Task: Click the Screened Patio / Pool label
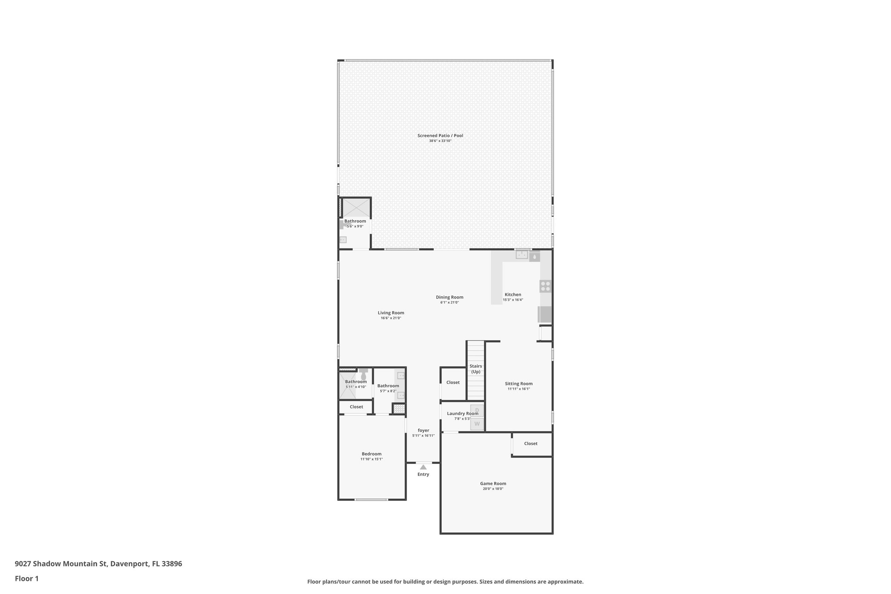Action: tap(440, 135)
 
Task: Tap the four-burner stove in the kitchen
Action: tap(545, 286)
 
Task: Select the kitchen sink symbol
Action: tap(522, 255)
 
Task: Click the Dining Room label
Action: tap(449, 297)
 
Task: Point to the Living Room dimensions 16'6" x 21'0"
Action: tap(391, 318)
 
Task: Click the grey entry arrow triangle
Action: tap(423, 467)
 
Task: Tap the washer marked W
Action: tap(477, 424)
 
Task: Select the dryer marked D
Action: tap(477, 410)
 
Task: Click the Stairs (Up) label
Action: tap(476, 369)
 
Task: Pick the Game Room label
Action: tap(493, 483)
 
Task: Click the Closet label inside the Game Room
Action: tap(530, 443)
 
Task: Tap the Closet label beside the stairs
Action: tap(453, 383)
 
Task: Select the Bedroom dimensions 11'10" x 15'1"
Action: tap(372, 459)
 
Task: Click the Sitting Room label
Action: tap(519, 384)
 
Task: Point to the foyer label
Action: tap(423, 430)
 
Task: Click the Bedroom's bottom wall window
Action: tap(371, 499)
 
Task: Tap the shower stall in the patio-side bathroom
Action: tap(356, 208)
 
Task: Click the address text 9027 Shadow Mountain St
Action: tap(60, 564)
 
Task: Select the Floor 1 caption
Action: tap(27, 579)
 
